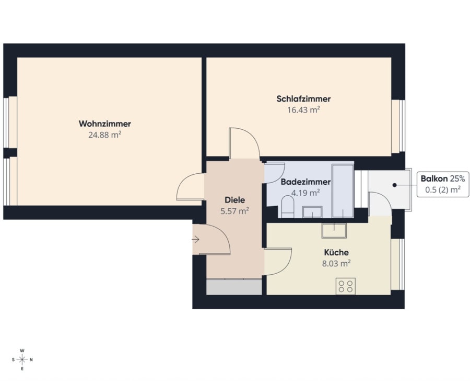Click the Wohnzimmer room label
[105, 124]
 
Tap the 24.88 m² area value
[104, 135]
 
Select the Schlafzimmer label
[303, 99]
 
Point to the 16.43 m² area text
[303, 110]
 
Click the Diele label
[235, 200]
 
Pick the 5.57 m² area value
[235, 211]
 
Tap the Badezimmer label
[305, 182]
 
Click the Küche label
[336, 252]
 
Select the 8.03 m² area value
[336, 264]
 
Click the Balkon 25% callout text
[443, 179]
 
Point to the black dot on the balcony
[395, 185]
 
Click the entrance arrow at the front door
[195, 240]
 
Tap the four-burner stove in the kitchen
[346, 286]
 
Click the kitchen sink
[334, 230]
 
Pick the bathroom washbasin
[312, 211]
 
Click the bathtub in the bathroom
[343, 191]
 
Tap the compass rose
[22, 360]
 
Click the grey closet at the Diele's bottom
[234, 287]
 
